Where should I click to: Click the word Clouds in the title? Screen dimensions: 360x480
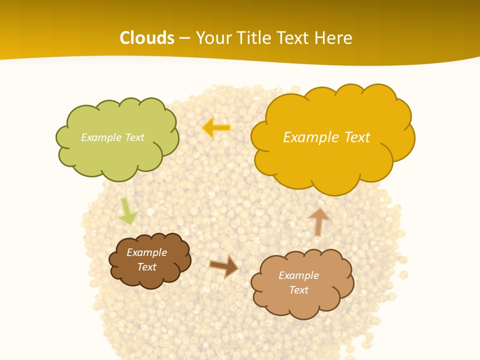tap(147, 38)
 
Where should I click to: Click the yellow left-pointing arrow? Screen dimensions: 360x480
tap(216, 127)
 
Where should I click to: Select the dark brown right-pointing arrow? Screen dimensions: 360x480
tap(223, 266)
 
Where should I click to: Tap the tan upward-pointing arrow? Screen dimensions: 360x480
tap(319, 221)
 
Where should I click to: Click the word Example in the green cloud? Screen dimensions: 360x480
tap(100, 137)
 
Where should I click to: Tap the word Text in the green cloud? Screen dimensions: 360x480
tap(134, 137)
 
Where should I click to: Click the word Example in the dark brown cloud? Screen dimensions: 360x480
tap(146, 252)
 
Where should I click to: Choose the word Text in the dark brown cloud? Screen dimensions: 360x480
tap(146, 267)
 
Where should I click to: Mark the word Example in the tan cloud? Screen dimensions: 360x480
tap(298, 275)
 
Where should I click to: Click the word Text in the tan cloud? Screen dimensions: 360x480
tap(298, 290)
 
